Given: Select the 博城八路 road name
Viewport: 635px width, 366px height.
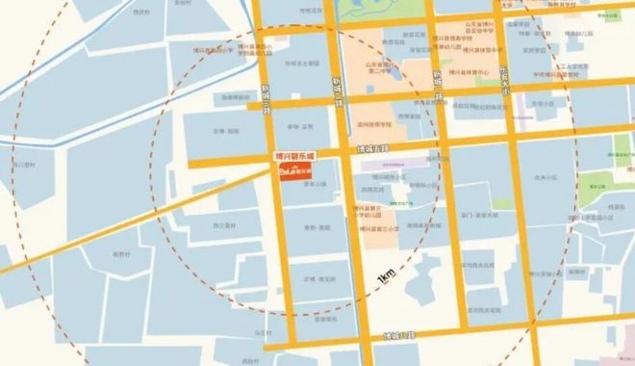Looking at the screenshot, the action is pyautogui.click(x=397, y=335).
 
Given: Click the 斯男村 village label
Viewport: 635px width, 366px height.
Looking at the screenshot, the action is pyautogui.click(x=121, y=254).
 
